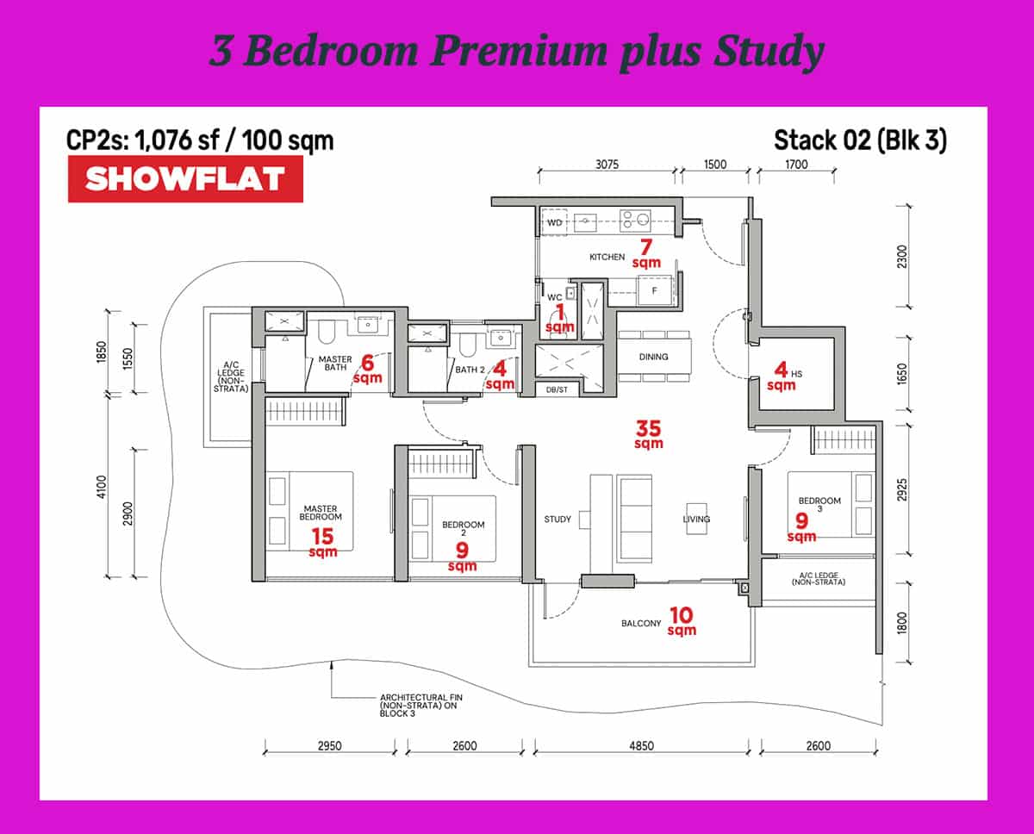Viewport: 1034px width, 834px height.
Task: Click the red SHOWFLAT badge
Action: click(x=185, y=178)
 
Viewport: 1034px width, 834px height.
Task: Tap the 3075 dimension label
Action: click(x=607, y=165)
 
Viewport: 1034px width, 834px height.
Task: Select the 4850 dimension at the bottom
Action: click(x=641, y=745)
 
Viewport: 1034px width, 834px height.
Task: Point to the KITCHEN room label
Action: click(x=607, y=257)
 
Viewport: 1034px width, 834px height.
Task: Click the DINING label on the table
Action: click(x=653, y=357)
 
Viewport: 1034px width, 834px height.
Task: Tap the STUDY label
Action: click(x=557, y=520)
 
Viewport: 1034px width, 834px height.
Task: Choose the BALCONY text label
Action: click(x=641, y=624)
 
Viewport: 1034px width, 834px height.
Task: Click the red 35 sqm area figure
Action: click(x=648, y=434)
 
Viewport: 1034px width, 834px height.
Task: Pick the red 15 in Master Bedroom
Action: click(x=322, y=536)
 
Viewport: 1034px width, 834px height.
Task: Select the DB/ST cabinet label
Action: click(x=557, y=389)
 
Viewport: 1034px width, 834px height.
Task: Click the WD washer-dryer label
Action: click(x=554, y=223)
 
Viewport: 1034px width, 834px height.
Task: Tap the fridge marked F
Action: click(x=654, y=290)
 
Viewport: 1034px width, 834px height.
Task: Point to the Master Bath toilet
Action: click(x=327, y=333)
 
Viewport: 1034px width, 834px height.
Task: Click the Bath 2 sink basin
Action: click(x=501, y=339)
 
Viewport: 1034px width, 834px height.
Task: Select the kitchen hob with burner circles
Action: click(x=635, y=221)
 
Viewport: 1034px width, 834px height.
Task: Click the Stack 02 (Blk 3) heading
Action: click(x=860, y=140)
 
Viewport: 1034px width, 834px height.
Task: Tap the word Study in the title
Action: click(x=769, y=52)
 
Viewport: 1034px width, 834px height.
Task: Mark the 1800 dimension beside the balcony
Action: click(x=901, y=623)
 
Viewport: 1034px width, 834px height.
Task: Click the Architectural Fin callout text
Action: click(x=420, y=706)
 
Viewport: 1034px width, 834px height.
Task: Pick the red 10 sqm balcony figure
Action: click(x=682, y=620)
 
